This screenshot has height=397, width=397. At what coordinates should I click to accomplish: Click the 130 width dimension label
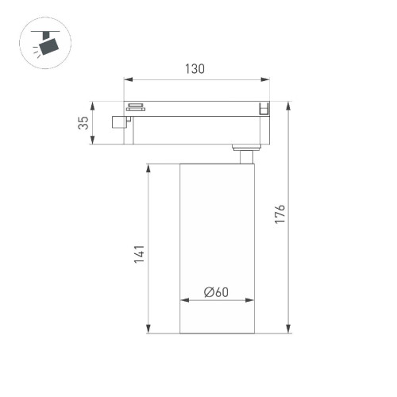pyautogui.click(x=195, y=68)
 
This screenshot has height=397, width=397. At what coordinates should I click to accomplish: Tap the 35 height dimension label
pyautogui.click(x=82, y=123)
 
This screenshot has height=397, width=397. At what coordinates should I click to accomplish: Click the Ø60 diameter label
pyautogui.click(x=216, y=291)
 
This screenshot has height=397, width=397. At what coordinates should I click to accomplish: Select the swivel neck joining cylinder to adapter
pyautogui.click(x=245, y=155)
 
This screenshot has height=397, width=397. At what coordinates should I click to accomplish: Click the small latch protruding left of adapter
pyautogui.click(x=120, y=122)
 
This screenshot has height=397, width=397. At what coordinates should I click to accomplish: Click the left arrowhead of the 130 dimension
pyautogui.click(x=128, y=79)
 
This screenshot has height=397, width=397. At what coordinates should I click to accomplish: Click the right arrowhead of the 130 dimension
pyautogui.click(x=266, y=79)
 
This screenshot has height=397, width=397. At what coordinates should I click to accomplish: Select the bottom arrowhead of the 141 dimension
pyautogui.click(x=148, y=330)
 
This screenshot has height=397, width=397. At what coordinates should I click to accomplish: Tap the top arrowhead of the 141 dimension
pyautogui.click(x=148, y=168)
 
